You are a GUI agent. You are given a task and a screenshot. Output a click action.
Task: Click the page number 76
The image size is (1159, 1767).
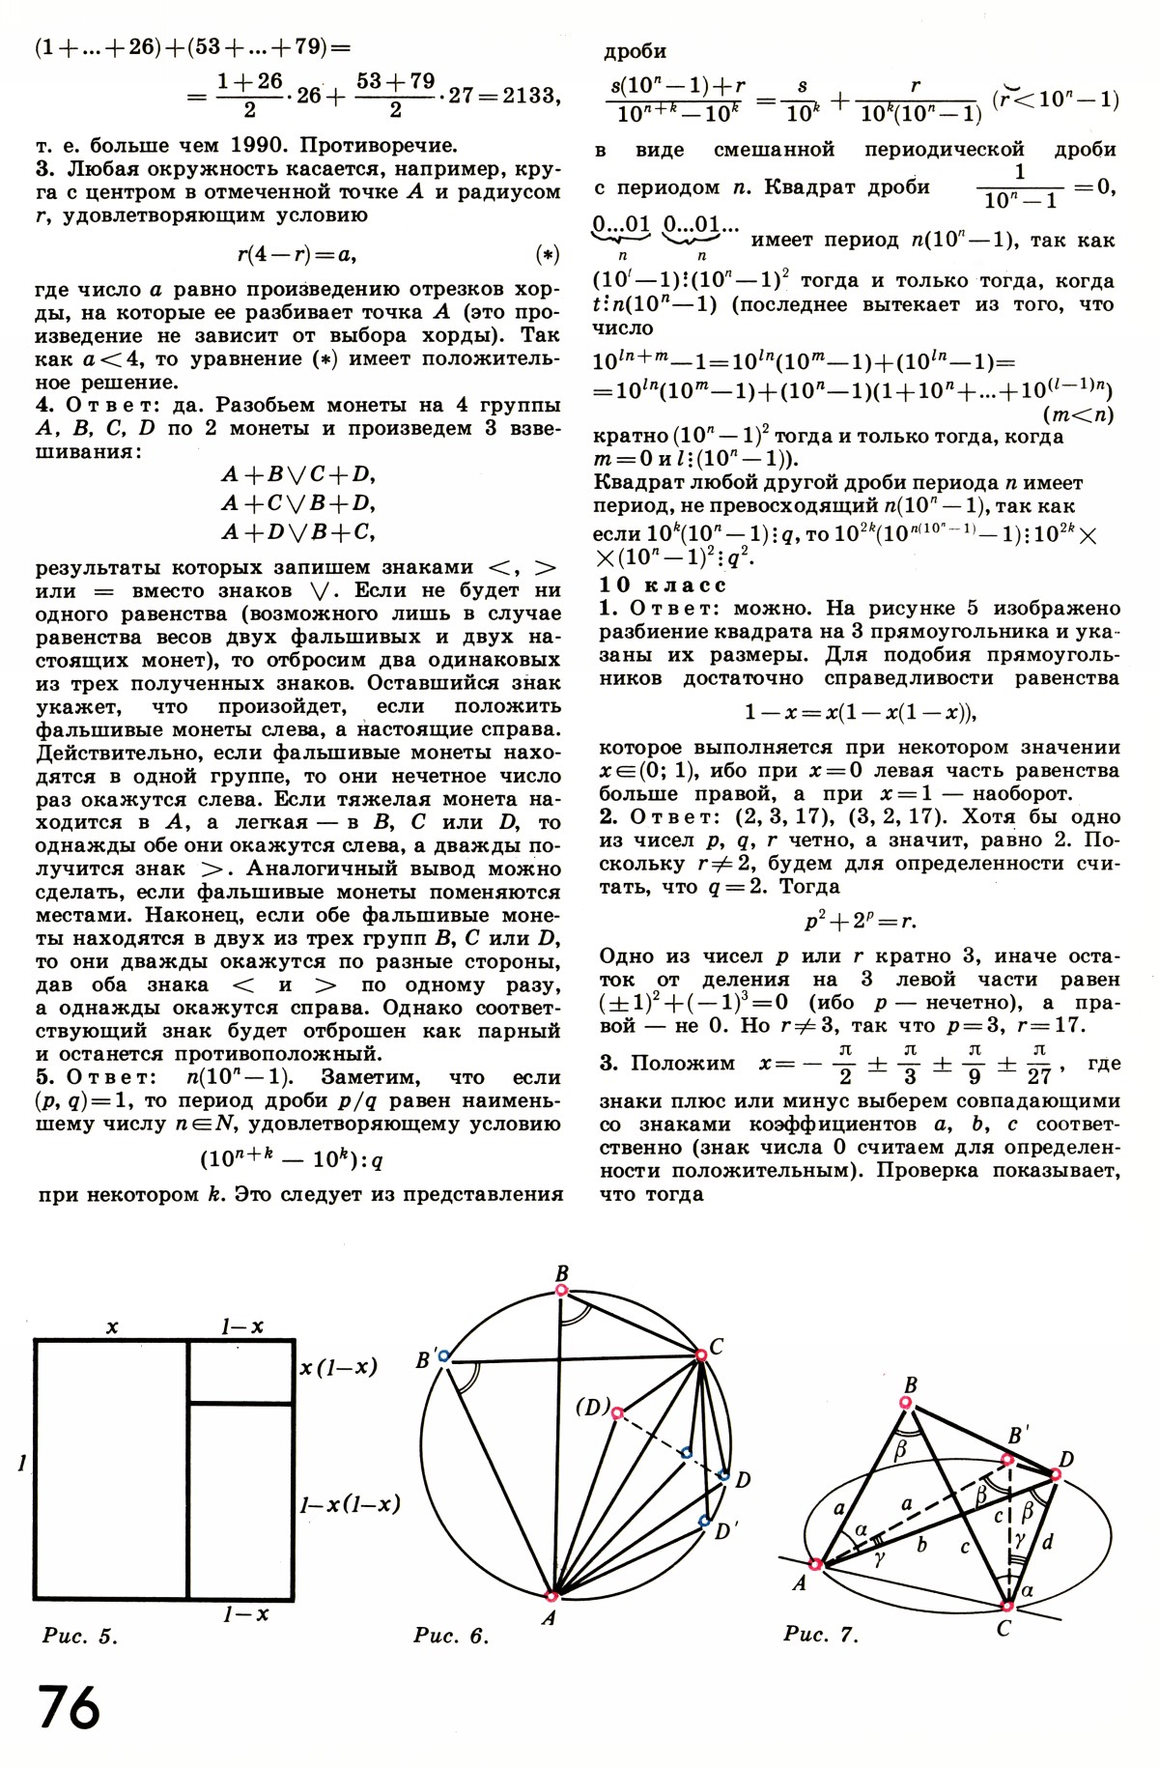(69, 1709)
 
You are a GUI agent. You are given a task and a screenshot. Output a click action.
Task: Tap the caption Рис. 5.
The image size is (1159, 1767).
(80, 1636)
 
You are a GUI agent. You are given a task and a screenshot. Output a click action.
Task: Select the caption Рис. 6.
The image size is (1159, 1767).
(451, 1636)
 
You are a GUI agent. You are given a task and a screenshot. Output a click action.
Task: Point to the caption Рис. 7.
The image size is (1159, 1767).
(821, 1634)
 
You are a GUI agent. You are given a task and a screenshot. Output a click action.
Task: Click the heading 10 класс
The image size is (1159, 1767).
(663, 585)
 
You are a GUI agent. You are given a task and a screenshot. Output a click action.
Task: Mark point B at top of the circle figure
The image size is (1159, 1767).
(561, 1291)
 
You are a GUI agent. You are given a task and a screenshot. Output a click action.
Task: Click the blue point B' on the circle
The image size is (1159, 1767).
(443, 1356)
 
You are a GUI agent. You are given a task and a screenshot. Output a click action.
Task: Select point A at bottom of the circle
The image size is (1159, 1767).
(551, 1596)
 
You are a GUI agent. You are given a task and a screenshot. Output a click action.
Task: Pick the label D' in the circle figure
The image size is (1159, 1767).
(727, 1530)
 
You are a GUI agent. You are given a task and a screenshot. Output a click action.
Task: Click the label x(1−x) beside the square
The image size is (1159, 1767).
(338, 1367)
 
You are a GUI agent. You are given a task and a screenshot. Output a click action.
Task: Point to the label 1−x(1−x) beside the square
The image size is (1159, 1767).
(350, 1504)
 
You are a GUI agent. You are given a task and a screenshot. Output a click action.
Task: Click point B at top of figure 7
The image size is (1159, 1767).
(906, 1402)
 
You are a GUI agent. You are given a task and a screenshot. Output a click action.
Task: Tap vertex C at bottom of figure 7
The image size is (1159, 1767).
(1007, 1606)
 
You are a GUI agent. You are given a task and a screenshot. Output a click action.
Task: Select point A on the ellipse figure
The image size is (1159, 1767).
(816, 1564)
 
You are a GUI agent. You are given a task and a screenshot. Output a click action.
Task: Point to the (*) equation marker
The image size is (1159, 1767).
(547, 255)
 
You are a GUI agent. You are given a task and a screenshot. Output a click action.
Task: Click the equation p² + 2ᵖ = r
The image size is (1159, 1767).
(860, 921)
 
